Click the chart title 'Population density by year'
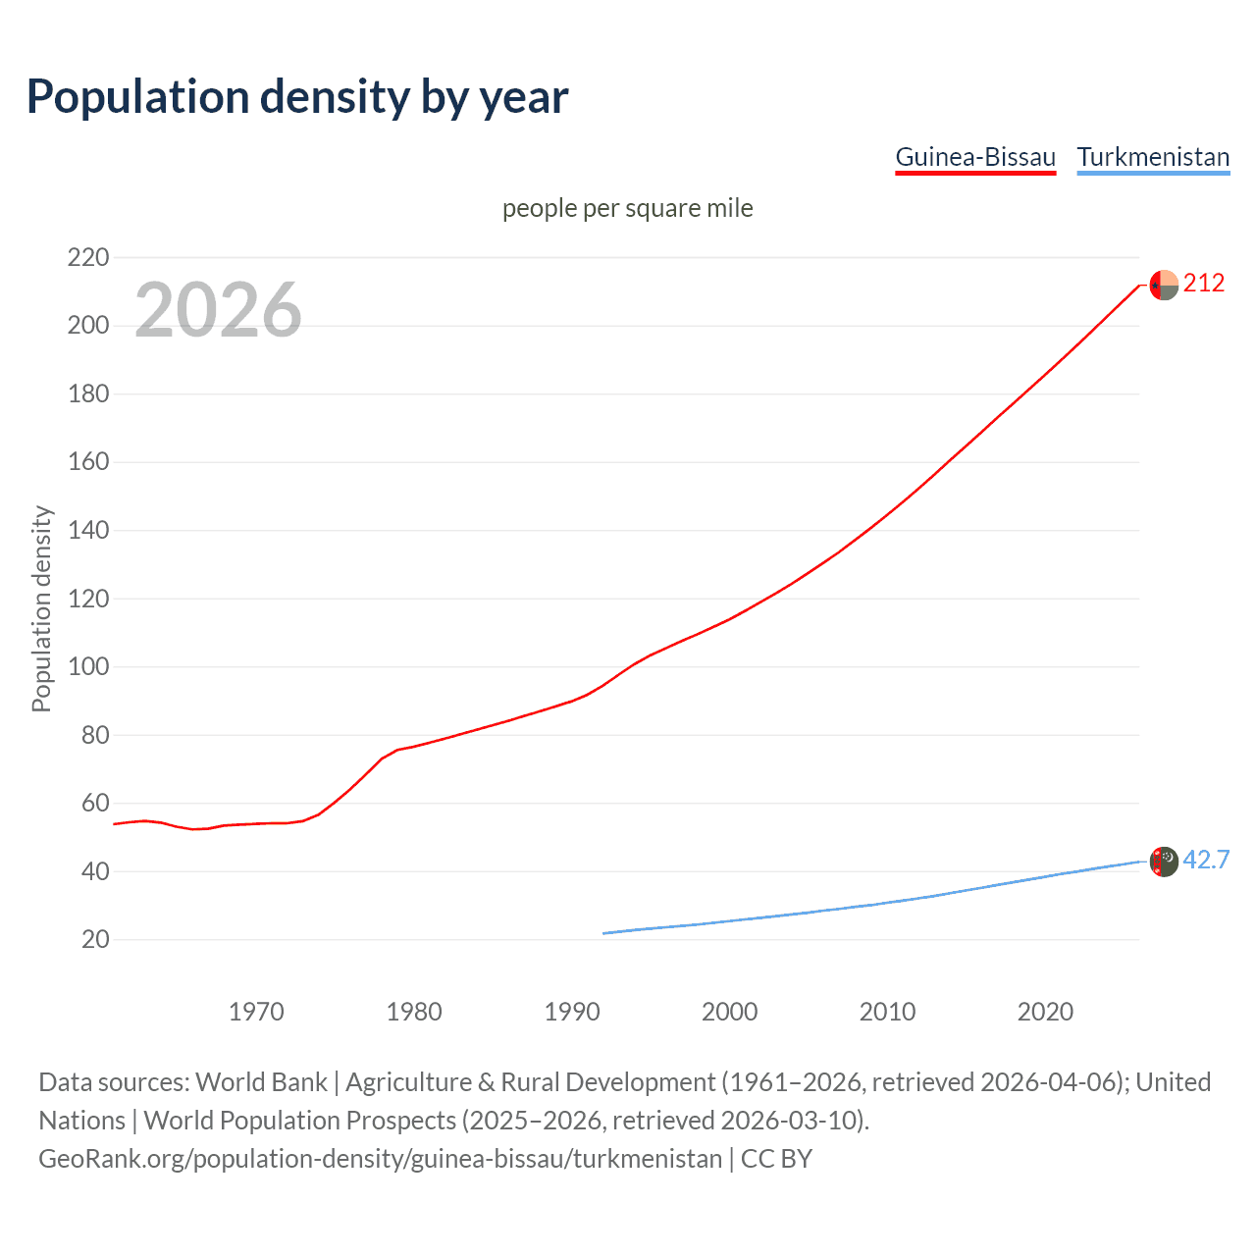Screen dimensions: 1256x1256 point(297,97)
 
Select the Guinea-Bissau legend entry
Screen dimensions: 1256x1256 point(975,157)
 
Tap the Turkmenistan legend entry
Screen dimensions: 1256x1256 point(1153,157)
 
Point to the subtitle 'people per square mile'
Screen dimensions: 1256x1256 point(628,208)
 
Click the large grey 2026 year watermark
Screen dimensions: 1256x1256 point(218,310)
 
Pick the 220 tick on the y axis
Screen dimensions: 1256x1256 point(88,257)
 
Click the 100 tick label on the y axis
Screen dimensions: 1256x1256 point(88,666)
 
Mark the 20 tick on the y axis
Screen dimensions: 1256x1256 point(95,939)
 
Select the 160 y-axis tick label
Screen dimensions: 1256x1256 point(88,461)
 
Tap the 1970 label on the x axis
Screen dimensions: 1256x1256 point(256,1012)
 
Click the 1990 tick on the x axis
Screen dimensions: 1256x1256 point(572,1012)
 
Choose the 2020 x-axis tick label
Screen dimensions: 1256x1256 point(1045,1012)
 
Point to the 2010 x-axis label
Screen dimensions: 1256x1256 point(887,1012)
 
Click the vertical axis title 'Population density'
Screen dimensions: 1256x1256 point(41,608)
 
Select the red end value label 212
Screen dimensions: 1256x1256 point(1204,284)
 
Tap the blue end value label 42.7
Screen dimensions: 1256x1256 point(1206,861)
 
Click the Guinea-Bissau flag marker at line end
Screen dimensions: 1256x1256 point(1164,285)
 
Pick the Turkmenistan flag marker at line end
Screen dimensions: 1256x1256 point(1164,862)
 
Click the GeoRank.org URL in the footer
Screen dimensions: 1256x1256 point(380,1159)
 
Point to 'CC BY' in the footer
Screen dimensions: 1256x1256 point(776,1159)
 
